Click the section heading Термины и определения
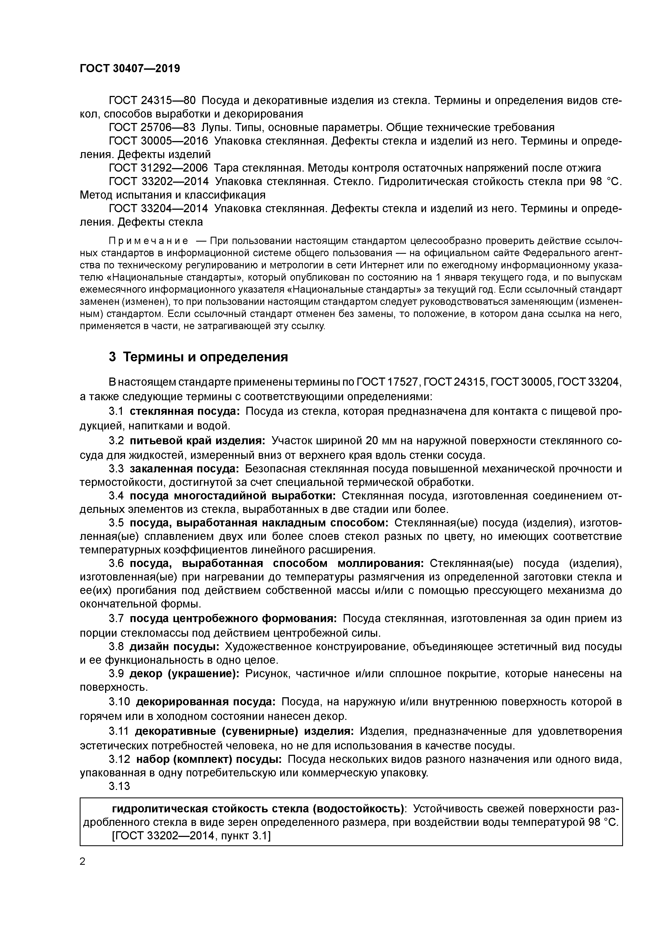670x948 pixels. click(x=198, y=357)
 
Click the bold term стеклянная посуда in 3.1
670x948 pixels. click(x=185, y=411)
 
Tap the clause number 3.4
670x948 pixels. click(x=116, y=495)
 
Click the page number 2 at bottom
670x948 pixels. click(x=82, y=862)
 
